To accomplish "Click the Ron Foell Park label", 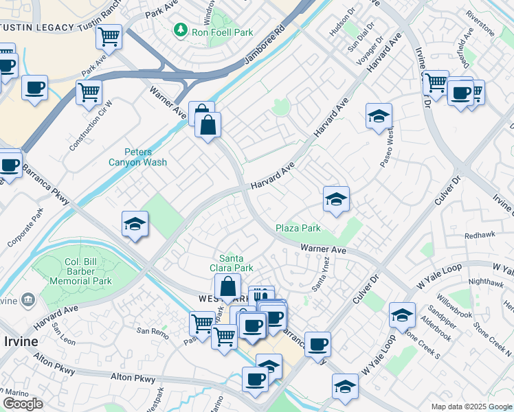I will [x=222, y=32].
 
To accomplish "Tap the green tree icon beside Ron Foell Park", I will [x=180, y=30].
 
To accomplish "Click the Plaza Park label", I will [x=298, y=228].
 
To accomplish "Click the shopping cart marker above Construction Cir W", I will [x=89, y=91].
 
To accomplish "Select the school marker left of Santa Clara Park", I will [x=135, y=224].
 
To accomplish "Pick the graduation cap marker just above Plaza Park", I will [x=336, y=199].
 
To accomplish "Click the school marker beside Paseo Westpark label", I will [x=379, y=116].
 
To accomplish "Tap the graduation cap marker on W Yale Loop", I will [x=402, y=315].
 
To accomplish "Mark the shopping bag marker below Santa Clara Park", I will [x=227, y=286].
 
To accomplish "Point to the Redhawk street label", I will [x=479, y=234].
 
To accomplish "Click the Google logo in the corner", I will [x=23, y=404].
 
